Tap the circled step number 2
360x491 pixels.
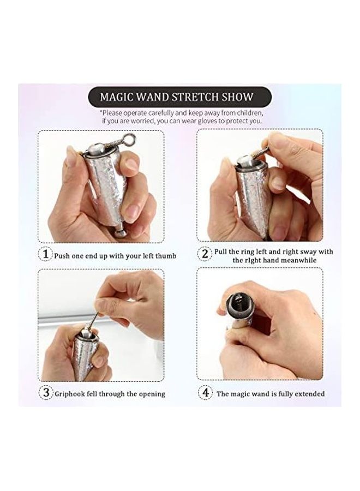tap(205, 254)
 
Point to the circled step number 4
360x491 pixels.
tap(205, 392)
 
